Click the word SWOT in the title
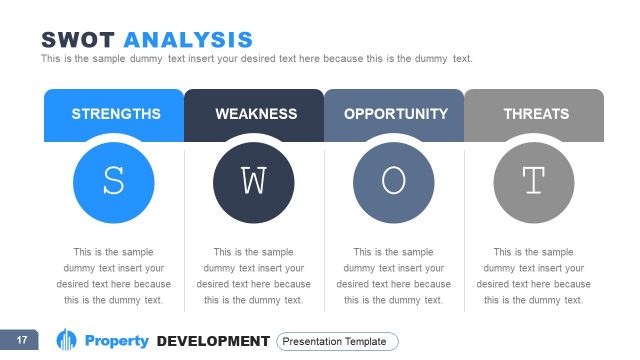pyautogui.click(x=78, y=40)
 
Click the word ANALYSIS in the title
pyautogui.click(x=187, y=40)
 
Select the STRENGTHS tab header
pyautogui.click(x=115, y=114)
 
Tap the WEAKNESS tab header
pyautogui.click(x=255, y=114)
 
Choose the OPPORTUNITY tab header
pyautogui.click(x=395, y=114)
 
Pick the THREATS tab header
pyautogui.click(x=535, y=114)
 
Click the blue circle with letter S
pyautogui.click(x=114, y=182)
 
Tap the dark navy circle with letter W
pyautogui.click(x=254, y=182)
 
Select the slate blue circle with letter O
pyautogui.click(x=394, y=182)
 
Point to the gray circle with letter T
pyautogui.click(x=534, y=182)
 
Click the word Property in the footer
pyautogui.click(x=116, y=341)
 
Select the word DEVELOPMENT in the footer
pyautogui.click(x=213, y=341)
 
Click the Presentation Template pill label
pyautogui.click(x=337, y=341)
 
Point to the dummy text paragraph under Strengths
pyautogui.click(x=114, y=276)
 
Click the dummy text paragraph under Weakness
pyautogui.click(x=254, y=276)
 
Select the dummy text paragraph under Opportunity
pyautogui.click(x=394, y=276)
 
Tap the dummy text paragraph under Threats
pyautogui.click(x=534, y=276)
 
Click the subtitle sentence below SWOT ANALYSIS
pyautogui.click(x=256, y=59)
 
